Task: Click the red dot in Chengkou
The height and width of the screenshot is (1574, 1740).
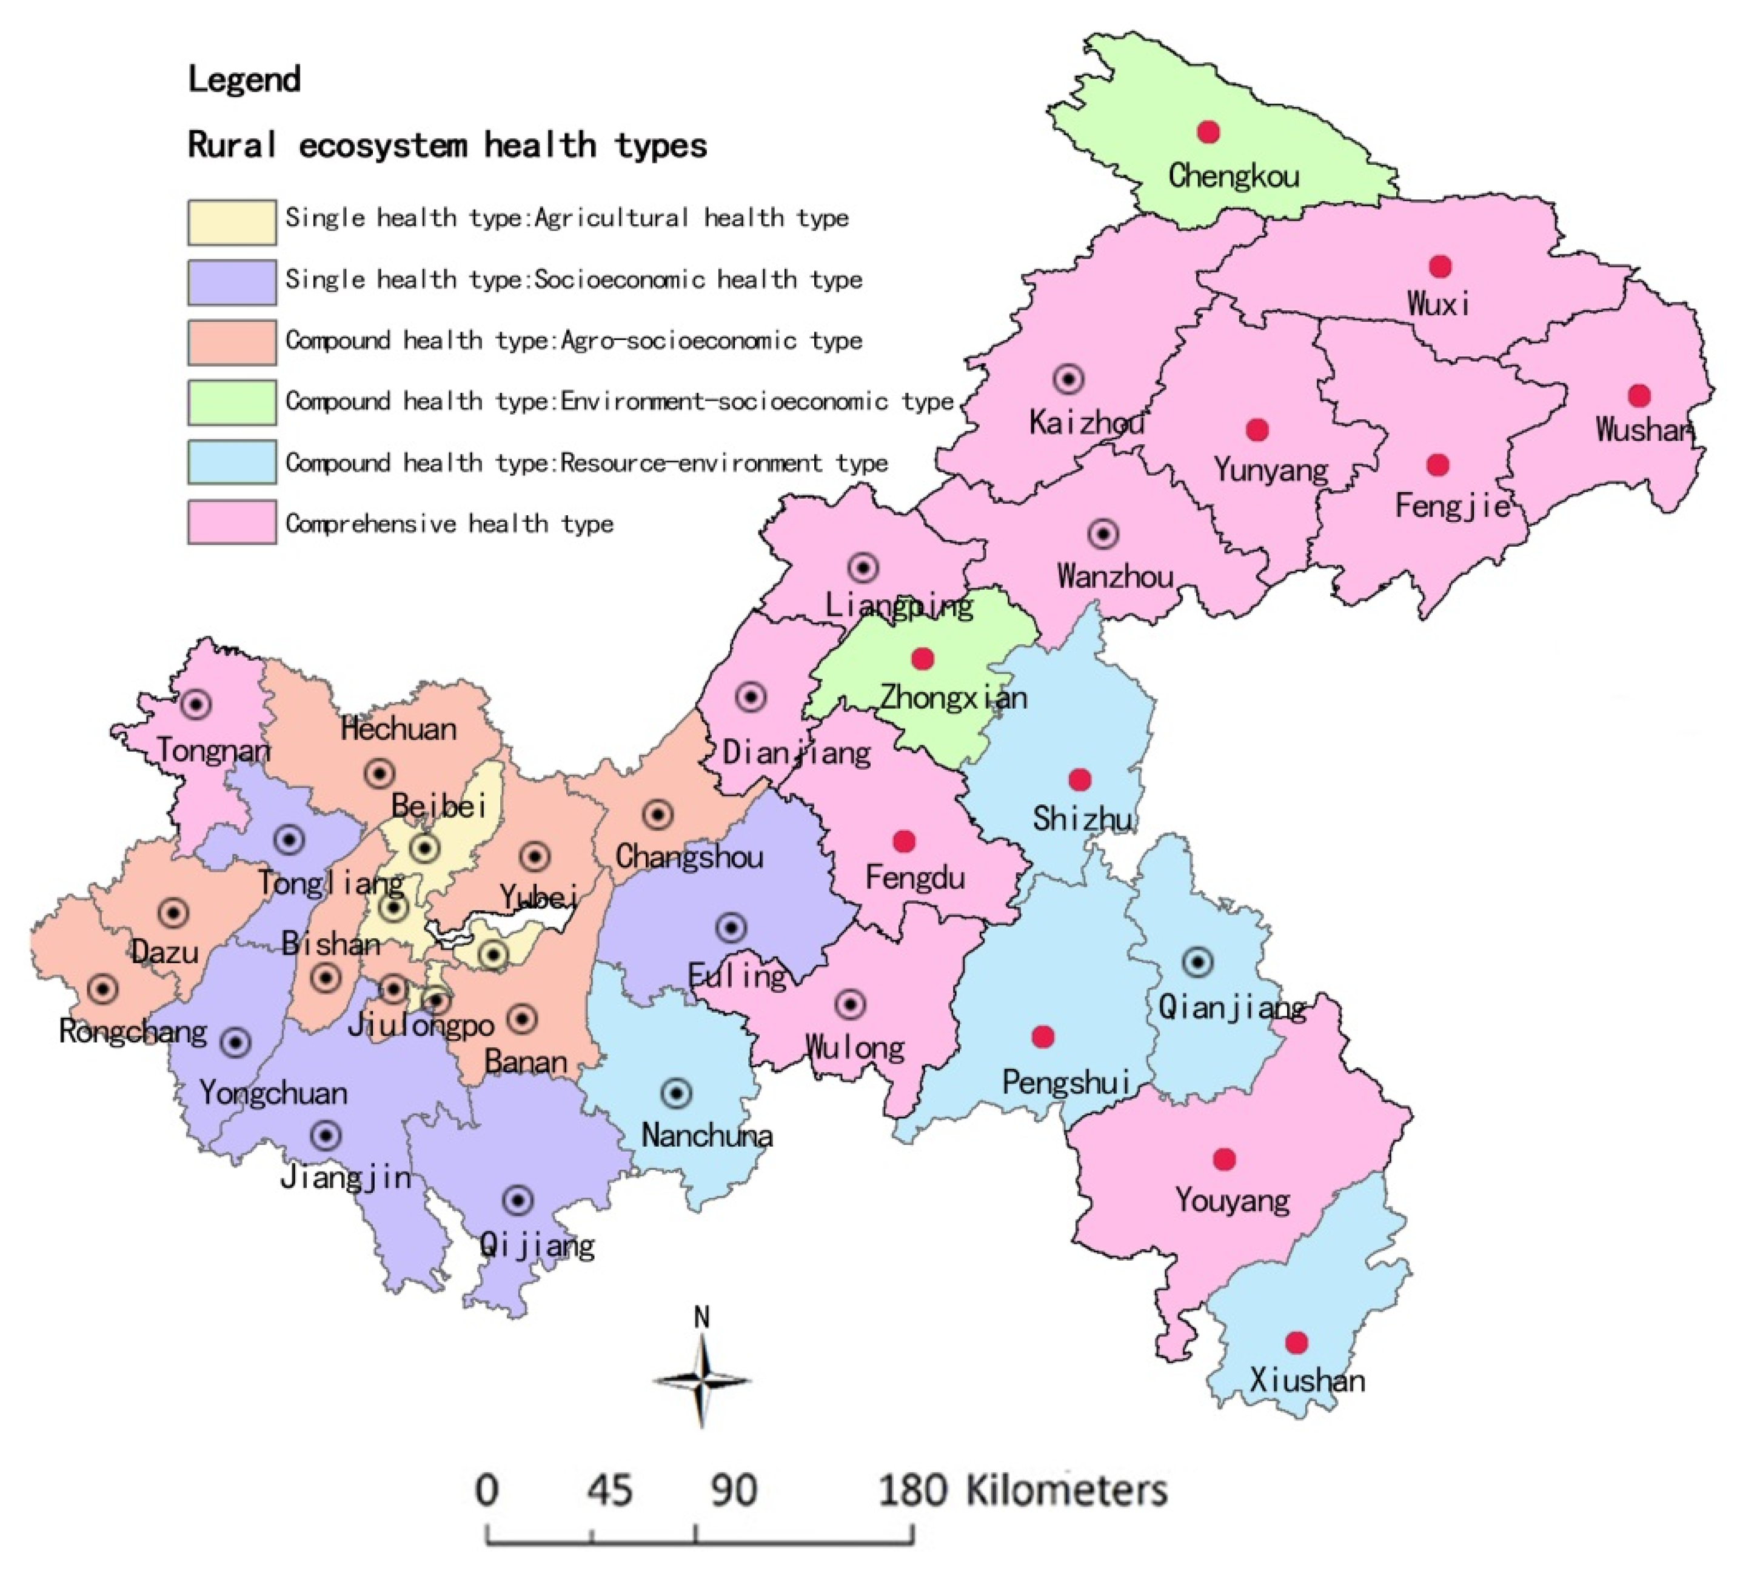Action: [x=1208, y=132]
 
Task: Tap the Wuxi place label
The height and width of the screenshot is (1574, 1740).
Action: [x=1438, y=304]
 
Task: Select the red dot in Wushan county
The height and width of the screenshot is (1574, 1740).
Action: [x=1639, y=396]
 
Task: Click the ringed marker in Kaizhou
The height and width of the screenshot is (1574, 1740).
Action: [x=1068, y=379]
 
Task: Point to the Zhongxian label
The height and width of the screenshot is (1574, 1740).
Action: [x=954, y=697]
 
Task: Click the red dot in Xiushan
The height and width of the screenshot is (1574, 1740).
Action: [x=1296, y=1342]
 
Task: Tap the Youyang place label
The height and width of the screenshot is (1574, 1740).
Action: [x=1233, y=1200]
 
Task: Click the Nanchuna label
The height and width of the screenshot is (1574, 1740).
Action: [x=707, y=1136]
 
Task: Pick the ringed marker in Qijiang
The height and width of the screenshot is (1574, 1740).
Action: [x=518, y=1200]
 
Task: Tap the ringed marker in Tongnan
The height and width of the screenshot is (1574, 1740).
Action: [x=196, y=705]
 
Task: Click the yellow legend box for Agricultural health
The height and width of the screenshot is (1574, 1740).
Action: [x=232, y=222]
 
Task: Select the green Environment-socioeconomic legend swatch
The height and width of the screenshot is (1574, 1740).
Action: [x=232, y=402]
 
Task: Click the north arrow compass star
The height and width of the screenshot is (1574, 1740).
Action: [x=701, y=1381]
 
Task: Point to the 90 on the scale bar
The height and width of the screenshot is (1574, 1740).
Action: [x=734, y=1490]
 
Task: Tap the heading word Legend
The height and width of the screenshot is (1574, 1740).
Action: [x=244, y=79]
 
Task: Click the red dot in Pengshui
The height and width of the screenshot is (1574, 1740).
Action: [x=1043, y=1036]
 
